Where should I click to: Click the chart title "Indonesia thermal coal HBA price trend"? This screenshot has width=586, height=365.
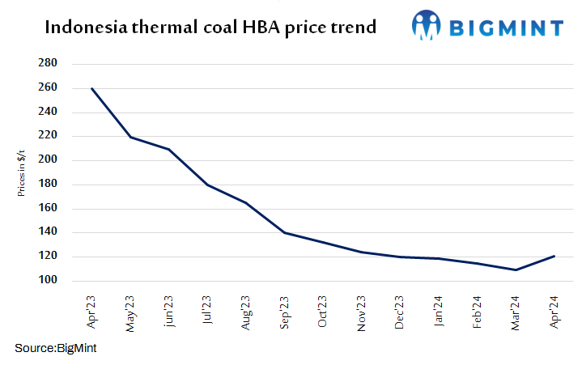(210, 28)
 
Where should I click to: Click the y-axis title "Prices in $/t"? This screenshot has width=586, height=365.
(21, 172)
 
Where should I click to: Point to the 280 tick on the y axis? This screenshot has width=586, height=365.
(47, 63)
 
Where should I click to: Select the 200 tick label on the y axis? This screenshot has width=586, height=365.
(47, 160)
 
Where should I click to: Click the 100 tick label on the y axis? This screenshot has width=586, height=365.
(47, 281)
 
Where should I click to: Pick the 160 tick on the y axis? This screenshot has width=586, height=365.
(47, 209)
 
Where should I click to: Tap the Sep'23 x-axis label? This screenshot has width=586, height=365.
(284, 311)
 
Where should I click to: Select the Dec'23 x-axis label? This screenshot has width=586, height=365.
(399, 311)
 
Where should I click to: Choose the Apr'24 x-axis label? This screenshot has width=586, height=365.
(553, 311)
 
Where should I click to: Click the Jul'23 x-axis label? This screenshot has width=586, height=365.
(207, 311)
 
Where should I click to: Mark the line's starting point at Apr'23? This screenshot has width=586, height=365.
(91, 88)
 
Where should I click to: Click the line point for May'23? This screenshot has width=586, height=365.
(130, 137)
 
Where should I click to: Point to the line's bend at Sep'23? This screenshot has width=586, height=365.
(284, 232)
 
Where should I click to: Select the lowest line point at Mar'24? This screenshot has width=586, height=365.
(515, 270)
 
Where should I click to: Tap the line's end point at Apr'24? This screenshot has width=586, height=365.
(554, 257)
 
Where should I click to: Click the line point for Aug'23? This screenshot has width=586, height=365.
(245, 202)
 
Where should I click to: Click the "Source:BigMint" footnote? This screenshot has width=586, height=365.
(56, 347)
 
